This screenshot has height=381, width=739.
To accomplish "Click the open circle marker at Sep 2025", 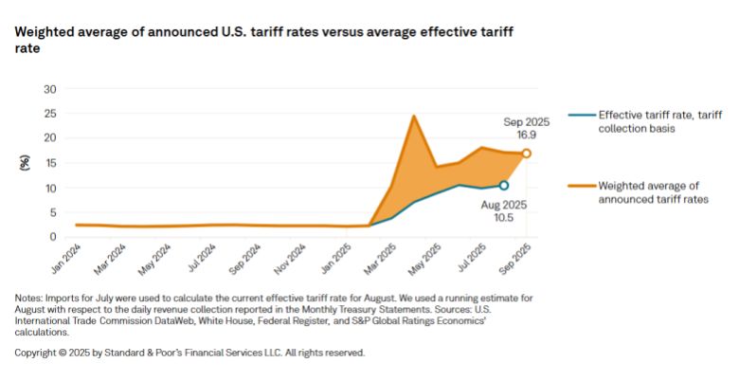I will (x=527, y=153).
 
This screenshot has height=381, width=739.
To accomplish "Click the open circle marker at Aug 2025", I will (x=504, y=186).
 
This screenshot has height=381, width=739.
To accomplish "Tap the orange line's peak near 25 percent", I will (x=414, y=117).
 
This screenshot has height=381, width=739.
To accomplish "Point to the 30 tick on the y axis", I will (x=51, y=89).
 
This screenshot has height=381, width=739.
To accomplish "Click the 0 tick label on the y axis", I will (x=54, y=237).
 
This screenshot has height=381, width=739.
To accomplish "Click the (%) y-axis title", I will (x=24, y=162).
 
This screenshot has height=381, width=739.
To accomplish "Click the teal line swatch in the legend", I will (x=580, y=114).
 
